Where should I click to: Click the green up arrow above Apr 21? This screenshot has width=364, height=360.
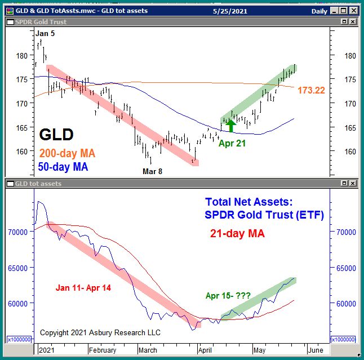click(230, 125)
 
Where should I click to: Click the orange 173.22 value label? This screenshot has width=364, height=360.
click(312, 90)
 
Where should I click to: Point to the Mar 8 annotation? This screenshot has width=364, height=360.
click(152, 171)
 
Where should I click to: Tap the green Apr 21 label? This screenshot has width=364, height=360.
click(232, 143)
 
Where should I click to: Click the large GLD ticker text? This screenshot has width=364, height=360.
click(56, 135)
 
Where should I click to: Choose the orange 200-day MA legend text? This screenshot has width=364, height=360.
click(67, 153)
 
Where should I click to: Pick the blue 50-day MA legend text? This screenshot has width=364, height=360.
click(63, 167)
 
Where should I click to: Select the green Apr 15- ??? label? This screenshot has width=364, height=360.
click(229, 295)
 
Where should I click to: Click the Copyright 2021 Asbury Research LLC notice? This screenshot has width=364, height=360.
click(100, 332)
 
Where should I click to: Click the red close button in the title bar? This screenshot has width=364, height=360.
click(353, 11)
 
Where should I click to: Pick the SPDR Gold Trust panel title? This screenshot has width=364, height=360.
click(41, 21)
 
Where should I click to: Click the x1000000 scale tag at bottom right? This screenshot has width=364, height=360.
click(345, 339)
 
